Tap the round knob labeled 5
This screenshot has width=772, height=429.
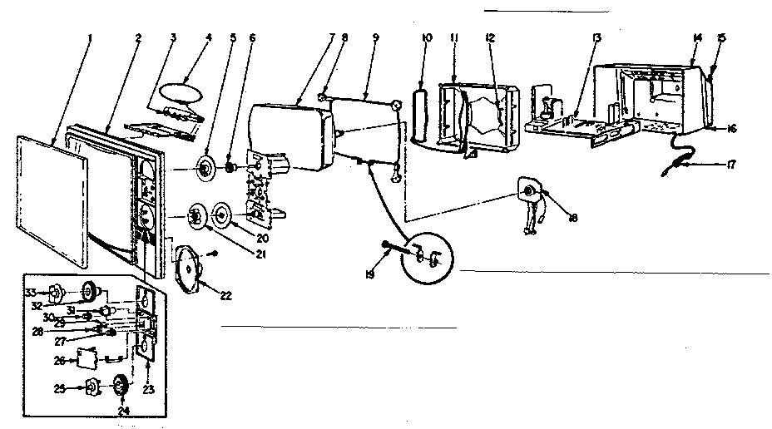point(203,170)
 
